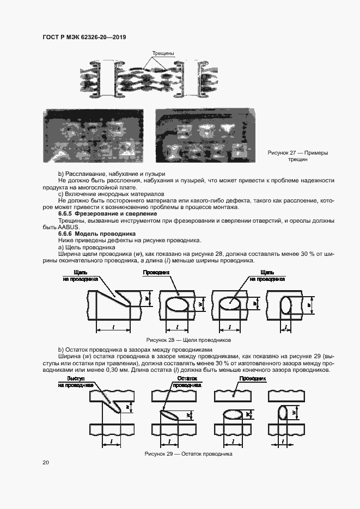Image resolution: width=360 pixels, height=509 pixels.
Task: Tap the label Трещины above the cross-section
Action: click(x=163, y=53)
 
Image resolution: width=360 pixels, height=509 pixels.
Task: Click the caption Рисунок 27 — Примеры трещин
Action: click(x=297, y=157)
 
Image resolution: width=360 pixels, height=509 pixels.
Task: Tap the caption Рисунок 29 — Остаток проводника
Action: click(x=188, y=453)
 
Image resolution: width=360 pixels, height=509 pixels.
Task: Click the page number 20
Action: click(x=46, y=463)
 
